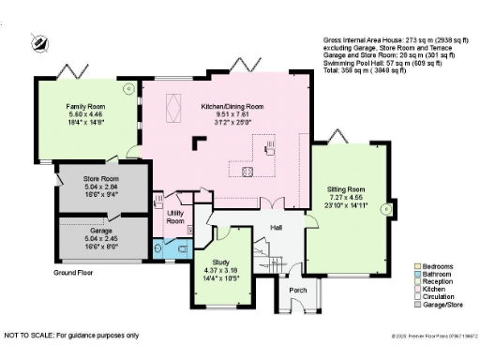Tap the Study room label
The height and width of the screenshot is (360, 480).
click(221, 262)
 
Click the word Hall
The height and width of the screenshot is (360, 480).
click(277, 227)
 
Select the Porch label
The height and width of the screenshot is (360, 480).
click(297, 290)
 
